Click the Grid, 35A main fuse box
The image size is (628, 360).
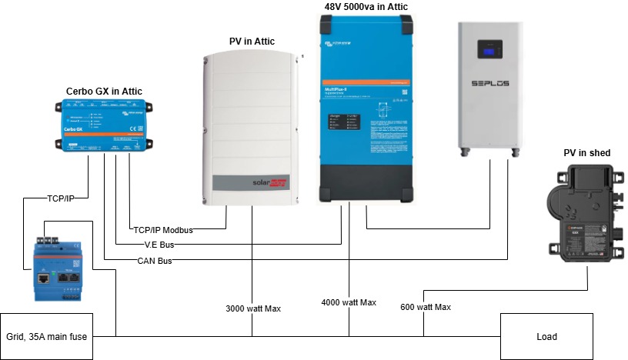(46, 336)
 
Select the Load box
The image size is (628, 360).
(546, 336)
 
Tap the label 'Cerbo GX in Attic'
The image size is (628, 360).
(104, 92)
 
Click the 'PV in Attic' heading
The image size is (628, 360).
(252, 41)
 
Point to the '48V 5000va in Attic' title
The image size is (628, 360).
(366, 7)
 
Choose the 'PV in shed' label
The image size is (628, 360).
(587, 153)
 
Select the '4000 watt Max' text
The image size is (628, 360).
(349, 302)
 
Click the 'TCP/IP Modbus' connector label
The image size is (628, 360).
(162, 230)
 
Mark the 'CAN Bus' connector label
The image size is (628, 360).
(155, 261)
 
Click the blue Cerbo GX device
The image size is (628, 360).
(105, 125)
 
